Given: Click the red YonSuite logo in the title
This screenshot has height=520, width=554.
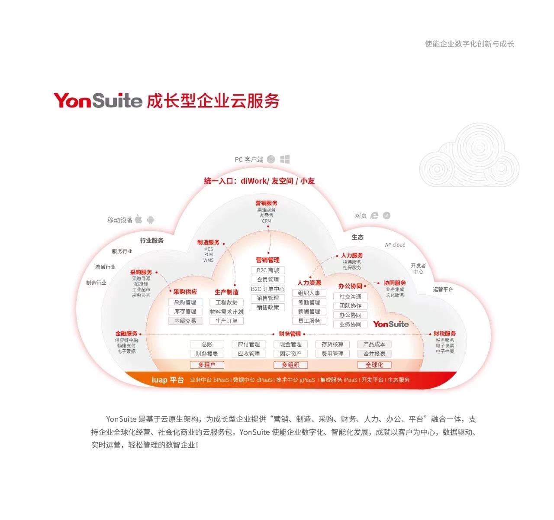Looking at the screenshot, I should (98, 101).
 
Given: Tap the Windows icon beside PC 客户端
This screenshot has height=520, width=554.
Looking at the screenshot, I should (285, 159).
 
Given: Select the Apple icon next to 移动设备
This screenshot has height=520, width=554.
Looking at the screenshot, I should (138, 219).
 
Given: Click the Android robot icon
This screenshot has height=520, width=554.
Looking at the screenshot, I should (151, 220).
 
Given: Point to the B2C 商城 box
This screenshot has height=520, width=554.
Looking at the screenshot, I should (268, 270).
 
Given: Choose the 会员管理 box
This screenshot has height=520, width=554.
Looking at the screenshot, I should (268, 279).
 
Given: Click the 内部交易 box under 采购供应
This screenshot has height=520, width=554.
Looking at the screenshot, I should (185, 321).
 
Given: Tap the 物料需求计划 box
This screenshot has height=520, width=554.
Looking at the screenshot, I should (226, 312).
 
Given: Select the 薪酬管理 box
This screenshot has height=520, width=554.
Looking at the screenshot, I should (309, 312).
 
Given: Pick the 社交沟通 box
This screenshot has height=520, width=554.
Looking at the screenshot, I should (350, 296).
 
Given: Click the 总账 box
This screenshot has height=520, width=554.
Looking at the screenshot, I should (207, 344).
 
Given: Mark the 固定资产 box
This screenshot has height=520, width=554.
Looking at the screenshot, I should (290, 354).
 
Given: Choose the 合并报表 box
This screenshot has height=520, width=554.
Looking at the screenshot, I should (374, 354).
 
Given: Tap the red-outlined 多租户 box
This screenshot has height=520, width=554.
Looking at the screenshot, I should (207, 365).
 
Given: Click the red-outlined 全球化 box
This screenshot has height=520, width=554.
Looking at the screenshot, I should (374, 365).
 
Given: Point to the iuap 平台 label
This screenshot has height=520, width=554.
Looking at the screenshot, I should (167, 380).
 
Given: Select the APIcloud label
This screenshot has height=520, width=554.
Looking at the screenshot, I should (395, 245).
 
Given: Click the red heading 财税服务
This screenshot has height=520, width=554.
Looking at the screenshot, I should (444, 334).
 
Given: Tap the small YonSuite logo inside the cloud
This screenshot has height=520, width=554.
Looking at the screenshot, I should (391, 324).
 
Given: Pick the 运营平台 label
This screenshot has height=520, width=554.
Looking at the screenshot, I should (443, 289).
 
